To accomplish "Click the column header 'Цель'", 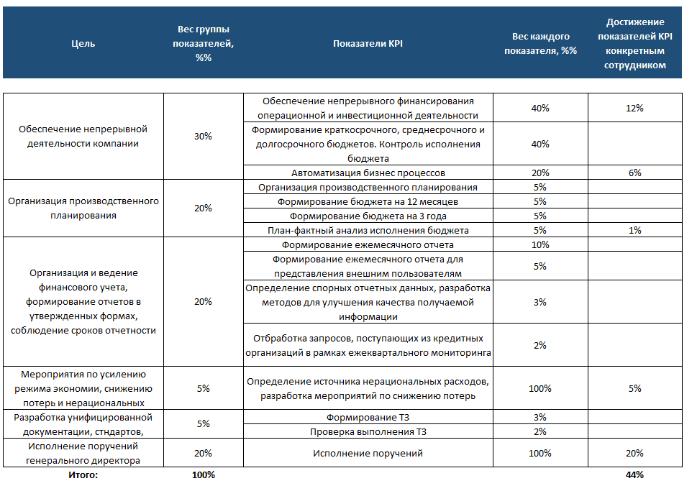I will (83, 43).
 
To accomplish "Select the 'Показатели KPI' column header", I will (368, 43).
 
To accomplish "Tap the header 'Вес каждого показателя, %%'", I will (540, 43).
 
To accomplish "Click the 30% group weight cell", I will (203, 137).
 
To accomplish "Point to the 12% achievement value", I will (634, 108).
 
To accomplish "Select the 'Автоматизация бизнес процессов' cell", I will (368, 173).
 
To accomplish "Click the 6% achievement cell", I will (634, 173).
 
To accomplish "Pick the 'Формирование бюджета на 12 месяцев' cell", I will (368, 201).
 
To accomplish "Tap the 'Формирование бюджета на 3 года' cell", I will (368, 216).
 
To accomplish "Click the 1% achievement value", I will (634, 230).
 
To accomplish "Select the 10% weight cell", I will (540, 244).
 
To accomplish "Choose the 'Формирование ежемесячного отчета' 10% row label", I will (368, 244).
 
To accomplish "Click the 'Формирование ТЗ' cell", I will (368, 417).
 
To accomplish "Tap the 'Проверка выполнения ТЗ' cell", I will (368, 431).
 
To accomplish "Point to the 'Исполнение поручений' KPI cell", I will (368, 453).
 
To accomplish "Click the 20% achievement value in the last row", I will (634, 453).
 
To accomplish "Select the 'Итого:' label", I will (83, 474).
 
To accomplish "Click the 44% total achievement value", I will (634, 474).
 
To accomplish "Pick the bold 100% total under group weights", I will (203, 474).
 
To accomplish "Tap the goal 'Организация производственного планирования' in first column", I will (83, 208).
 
